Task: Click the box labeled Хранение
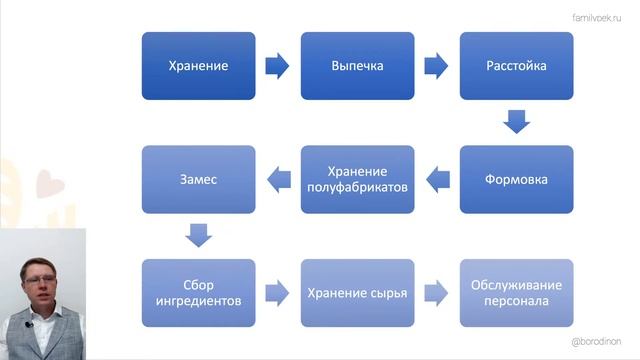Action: point(198,66)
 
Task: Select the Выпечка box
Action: point(357,66)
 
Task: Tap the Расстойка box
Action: point(516,66)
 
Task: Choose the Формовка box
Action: point(516,180)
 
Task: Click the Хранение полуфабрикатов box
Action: point(357,180)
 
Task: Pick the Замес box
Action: point(198,180)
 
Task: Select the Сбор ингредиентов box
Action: point(198,293)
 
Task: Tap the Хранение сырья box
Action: point(357,293)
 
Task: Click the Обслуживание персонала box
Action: point(516,293)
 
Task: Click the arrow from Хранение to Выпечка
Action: point(277,66)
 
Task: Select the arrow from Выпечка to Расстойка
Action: point(436,66)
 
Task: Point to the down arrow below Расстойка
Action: point(516,123)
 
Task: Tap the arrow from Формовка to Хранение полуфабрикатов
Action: point(437,180)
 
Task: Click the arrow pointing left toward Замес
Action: point(278,180)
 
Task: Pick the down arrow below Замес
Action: point(198,236)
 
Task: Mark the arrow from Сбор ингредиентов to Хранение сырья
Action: point(277,293)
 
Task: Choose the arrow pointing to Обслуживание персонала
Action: point(436,293)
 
